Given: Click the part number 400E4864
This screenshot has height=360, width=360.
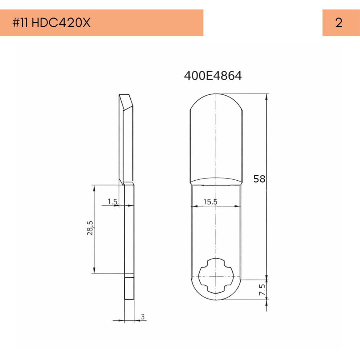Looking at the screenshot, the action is click(x=213, y=76).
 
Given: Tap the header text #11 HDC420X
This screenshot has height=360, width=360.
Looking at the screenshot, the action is click(x=52, y=23).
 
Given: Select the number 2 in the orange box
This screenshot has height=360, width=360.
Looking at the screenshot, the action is click(x=339, y=23).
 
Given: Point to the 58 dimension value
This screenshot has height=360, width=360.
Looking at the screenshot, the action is click(x=259, y=179).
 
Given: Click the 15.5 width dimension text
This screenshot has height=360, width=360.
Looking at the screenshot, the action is click(x=210, y=202).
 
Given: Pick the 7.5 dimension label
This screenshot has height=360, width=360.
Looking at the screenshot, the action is click(x=262, y=290).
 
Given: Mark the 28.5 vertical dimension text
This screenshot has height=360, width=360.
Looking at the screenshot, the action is click(x=90, y=228).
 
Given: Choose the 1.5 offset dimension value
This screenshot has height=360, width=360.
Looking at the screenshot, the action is click(x=113, y=201).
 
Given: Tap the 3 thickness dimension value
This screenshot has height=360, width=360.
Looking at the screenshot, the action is click(x=143, y=317).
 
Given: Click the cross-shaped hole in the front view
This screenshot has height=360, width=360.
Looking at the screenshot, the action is click(x=216, y=276).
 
